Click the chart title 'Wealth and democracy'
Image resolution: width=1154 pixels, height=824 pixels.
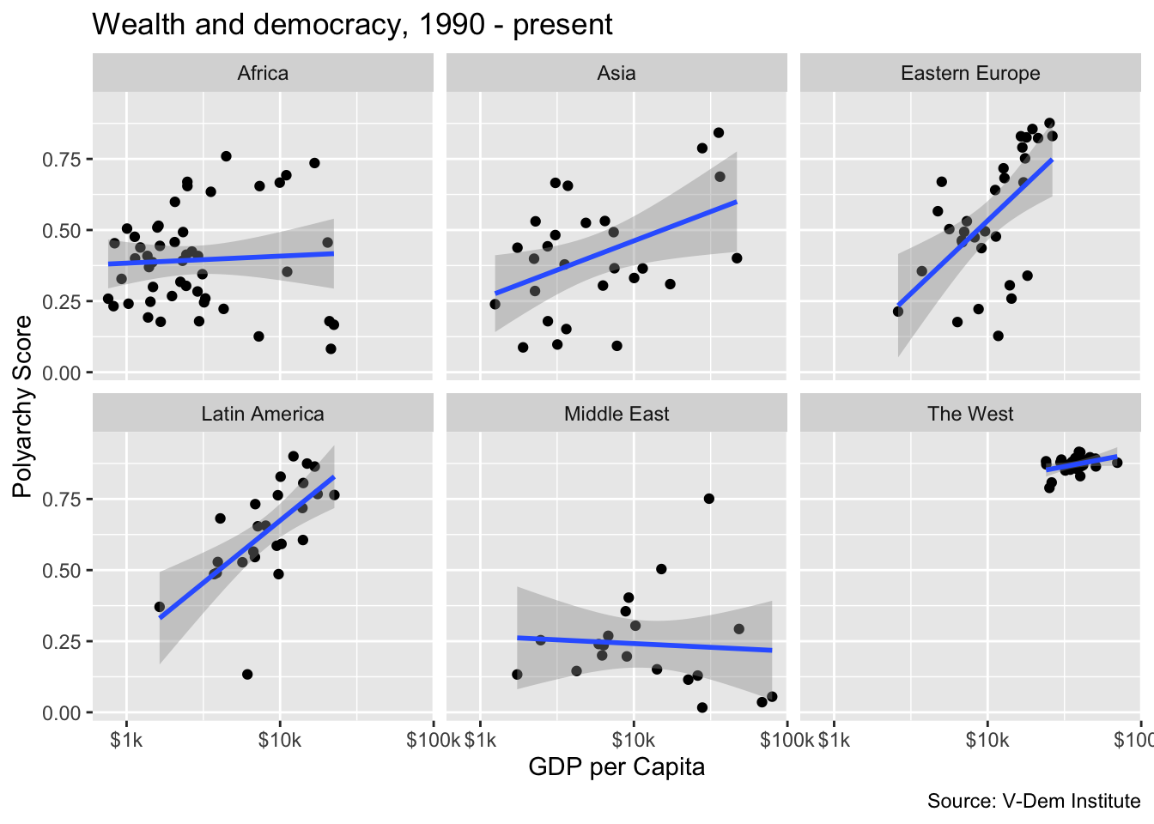click(x=352, y=24)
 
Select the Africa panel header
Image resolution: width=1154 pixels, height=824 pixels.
click(x=263, y=73)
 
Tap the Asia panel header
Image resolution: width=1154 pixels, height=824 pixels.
click(x=616, y=73)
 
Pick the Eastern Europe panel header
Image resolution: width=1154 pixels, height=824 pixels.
click(x=970, y=73)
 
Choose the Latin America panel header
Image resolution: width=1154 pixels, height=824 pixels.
click(x=263, y=414)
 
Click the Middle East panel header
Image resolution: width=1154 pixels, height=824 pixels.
click(x=616, y=414)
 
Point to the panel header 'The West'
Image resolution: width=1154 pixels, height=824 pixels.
click(x=970, y=414)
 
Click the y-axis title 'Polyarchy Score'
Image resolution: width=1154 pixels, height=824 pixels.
click(x=22, y=406)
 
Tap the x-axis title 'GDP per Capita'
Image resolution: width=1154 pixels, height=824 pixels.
click(x=616, y=766)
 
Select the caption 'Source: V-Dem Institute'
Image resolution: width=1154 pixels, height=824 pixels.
click(x=1034, y=802)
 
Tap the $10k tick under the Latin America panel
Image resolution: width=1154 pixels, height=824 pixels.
click(x=280, y=740)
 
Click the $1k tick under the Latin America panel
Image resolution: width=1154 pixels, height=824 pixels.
click(x=127, y=740)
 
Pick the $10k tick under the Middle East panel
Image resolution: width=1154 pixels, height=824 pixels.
click(x=634, y=740)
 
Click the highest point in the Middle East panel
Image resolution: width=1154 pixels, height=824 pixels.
click(x=709, y=499)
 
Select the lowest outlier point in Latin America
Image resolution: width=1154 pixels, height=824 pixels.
click(x=247, y=675)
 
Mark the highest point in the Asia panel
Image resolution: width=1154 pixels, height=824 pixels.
click(x=719, y=132)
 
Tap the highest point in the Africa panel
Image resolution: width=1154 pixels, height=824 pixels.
click(x=226, y=156)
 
